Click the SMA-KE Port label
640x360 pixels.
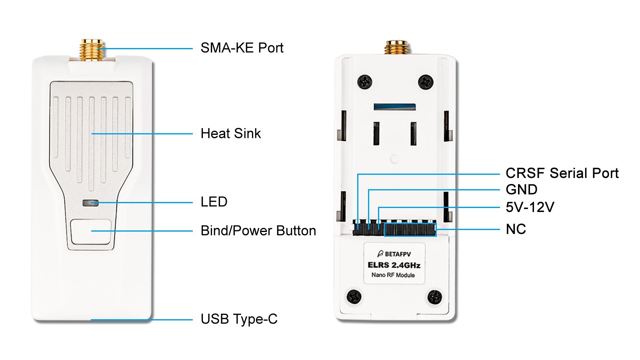(242, 48)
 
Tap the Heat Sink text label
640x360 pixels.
(230, 134)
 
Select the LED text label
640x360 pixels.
(214, 202)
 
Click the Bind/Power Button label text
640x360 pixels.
(258, 231)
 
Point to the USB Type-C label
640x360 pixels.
(239, 319)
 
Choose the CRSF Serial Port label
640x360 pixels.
(562, 173)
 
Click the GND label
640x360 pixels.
(521, 190)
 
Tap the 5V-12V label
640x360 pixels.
(530, 207)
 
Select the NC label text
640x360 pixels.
(516, 229)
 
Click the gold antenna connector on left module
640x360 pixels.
(92, 50)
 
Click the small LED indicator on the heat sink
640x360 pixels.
(90, 203)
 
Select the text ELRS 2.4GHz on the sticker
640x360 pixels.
(394, 265)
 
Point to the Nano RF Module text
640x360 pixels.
(393, 275)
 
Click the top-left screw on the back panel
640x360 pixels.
(365, 82)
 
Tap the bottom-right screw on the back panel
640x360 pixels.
(434, 297)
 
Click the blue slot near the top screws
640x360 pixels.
(394, 107)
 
